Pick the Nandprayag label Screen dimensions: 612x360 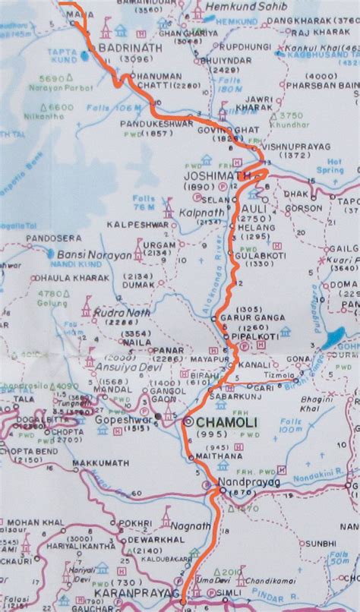(241, 481)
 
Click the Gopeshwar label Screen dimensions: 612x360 (125, 418)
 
